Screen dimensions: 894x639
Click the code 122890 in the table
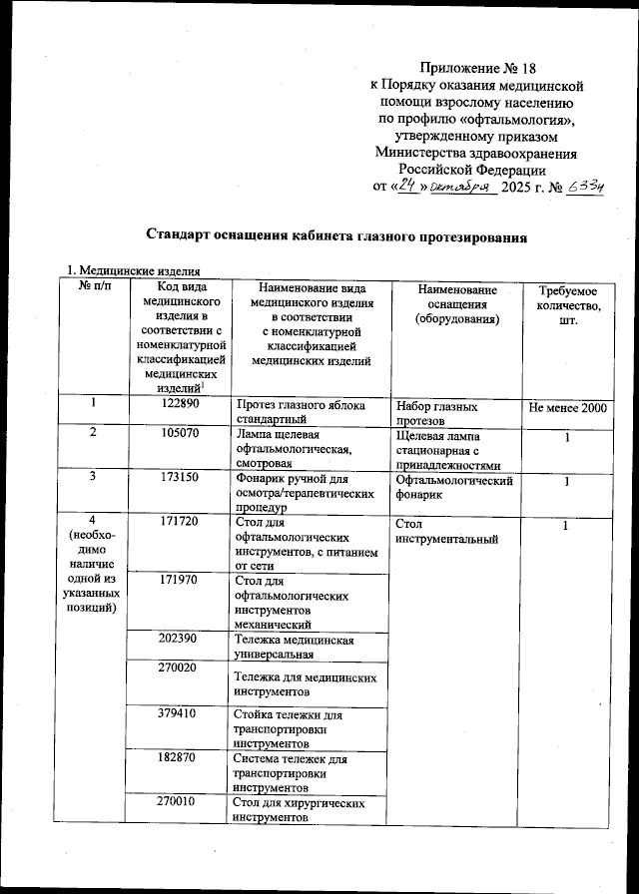click(x=181, y=406)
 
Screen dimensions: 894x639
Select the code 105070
click(x=181, y=436)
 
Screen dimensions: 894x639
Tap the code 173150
click(x=181, y=478)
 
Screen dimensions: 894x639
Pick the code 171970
click(x=181, y=579)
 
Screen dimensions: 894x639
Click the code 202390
click(x=181, y=638)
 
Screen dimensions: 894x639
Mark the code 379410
click(x=181, y=714)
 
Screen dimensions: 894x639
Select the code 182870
click(x=181, y=758)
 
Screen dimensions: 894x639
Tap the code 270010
click(x=181, y=801)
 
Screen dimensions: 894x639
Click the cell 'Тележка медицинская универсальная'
click(x=295, y=647)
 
